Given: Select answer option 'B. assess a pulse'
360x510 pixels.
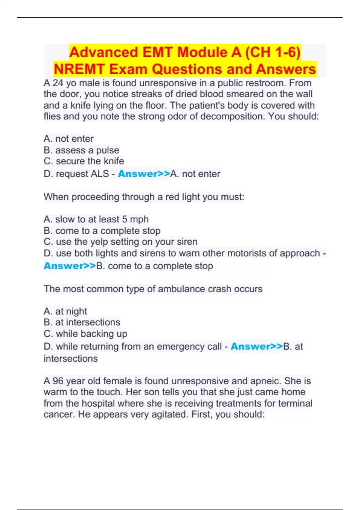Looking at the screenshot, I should point(81,150).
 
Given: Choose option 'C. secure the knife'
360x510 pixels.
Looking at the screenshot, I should point(84,161).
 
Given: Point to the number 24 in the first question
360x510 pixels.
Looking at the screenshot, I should point(58,83).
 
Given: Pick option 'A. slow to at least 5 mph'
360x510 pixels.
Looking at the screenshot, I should point(96,219).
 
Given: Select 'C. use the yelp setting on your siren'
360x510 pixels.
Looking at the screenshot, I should point(120,242).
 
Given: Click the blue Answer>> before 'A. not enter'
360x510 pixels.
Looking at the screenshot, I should point(144,174).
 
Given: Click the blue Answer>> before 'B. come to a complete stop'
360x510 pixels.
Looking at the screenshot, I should point(70,266).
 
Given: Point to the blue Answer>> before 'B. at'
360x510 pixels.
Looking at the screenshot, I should point(256,346).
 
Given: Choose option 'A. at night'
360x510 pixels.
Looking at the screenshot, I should point(65,311).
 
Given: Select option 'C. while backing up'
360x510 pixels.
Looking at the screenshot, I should point(85,334).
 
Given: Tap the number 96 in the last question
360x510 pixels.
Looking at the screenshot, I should point(58,381).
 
